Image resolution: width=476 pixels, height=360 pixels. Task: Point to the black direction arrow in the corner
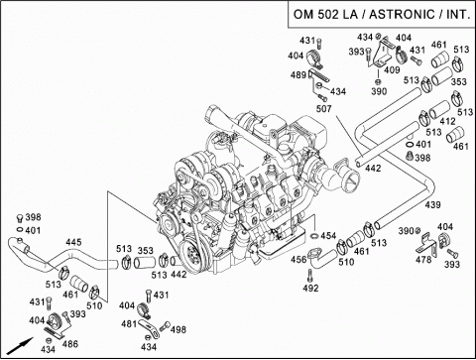[x=21, y=346]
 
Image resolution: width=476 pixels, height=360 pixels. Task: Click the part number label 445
[x=73, y=242]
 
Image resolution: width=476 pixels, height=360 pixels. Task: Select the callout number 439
[x=432, y=205]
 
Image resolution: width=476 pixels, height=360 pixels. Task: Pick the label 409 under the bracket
[x=392, y=69]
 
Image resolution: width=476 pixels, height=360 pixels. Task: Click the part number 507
[x=323, y=108]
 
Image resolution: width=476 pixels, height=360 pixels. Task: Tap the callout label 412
[x=447, y=121]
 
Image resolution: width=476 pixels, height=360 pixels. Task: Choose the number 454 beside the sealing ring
[x=328, y=236]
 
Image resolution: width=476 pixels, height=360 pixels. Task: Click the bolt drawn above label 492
[x=310, y=275]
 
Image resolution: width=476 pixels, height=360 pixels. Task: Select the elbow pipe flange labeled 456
[x=314, y=256]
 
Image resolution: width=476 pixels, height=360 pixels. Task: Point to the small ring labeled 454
[x=314, y=236]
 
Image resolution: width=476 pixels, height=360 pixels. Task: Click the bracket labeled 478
[x=425, y=245]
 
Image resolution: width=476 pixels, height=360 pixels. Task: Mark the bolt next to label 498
[x=165, y=326]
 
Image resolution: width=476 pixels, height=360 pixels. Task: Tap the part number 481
[x=129, y=323]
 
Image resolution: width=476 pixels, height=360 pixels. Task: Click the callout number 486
[x=70, y=344]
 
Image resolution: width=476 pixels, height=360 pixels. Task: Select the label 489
[x=298, y=75]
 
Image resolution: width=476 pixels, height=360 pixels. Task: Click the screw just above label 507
[x=322, y=97]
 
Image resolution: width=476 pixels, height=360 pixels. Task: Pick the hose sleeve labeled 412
[x=439, y=110]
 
